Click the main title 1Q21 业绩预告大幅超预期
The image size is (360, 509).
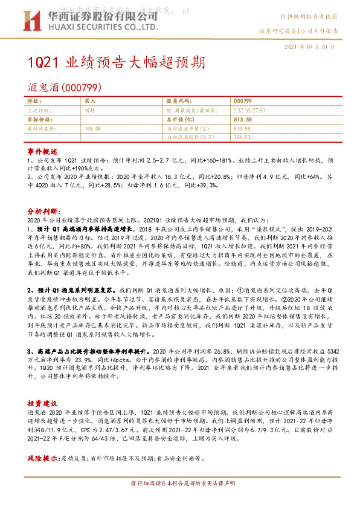[116, 63]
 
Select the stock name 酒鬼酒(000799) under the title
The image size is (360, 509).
[59, 87]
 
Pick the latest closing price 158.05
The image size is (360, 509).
[93, 128]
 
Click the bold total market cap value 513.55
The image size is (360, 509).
[243, 120]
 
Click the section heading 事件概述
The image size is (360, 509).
[42, 150]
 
